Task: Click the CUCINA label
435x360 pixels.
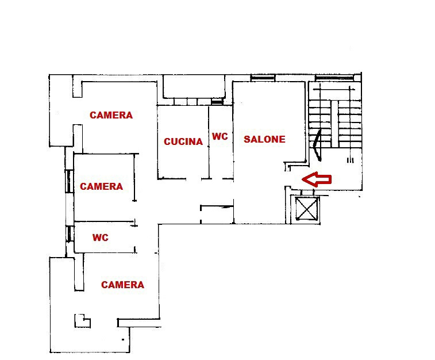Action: coord(183,141)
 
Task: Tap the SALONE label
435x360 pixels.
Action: coord(264,139)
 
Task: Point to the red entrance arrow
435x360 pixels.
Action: coord(317,179)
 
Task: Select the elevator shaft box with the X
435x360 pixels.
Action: coord(306,209)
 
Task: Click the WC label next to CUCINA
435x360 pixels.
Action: coord(220,136)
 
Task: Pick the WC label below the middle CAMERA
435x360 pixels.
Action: coord(101,238)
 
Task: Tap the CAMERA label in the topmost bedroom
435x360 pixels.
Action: coord(111,115)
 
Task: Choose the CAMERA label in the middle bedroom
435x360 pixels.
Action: coord(101,186)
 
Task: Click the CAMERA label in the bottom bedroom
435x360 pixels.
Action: coord(122,285)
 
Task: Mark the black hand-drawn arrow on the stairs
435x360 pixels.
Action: coord(317,145)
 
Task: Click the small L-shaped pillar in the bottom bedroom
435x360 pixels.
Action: coord(82,321)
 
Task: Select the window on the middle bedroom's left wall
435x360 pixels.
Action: coord(69,181)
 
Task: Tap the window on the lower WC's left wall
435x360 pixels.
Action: coord(70,234)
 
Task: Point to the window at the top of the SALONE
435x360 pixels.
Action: coord(263,78)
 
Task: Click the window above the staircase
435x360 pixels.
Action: coord(335,78)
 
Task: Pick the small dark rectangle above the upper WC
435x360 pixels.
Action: coord(217,102)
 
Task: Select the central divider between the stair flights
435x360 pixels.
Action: coord(335,124)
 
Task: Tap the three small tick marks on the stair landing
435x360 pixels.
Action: coord(351,160)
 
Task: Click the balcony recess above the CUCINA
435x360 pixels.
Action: coord(194,87)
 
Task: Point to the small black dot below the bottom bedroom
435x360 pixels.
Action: coord(123,339)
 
